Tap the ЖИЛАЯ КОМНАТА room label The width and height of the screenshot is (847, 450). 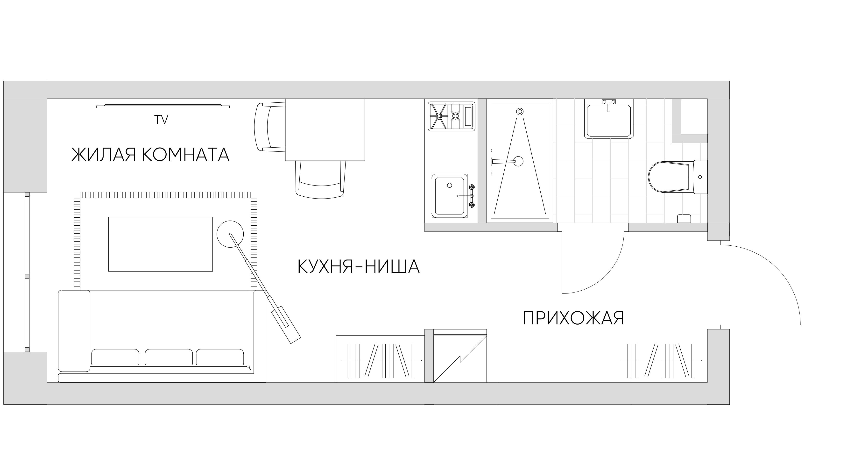coord(150,155)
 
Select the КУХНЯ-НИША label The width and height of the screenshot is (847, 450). coord(358,267)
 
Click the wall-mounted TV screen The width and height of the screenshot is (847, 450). coord(163,106)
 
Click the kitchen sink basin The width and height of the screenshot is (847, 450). coord(450,196)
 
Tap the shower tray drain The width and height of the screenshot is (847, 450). coord(518,161)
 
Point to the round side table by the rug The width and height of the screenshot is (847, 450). coord(230,234)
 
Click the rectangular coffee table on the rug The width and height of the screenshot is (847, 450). coord(161,244)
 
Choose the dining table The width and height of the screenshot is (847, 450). coord(325,130)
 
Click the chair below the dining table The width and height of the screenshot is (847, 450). coord(320,180)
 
